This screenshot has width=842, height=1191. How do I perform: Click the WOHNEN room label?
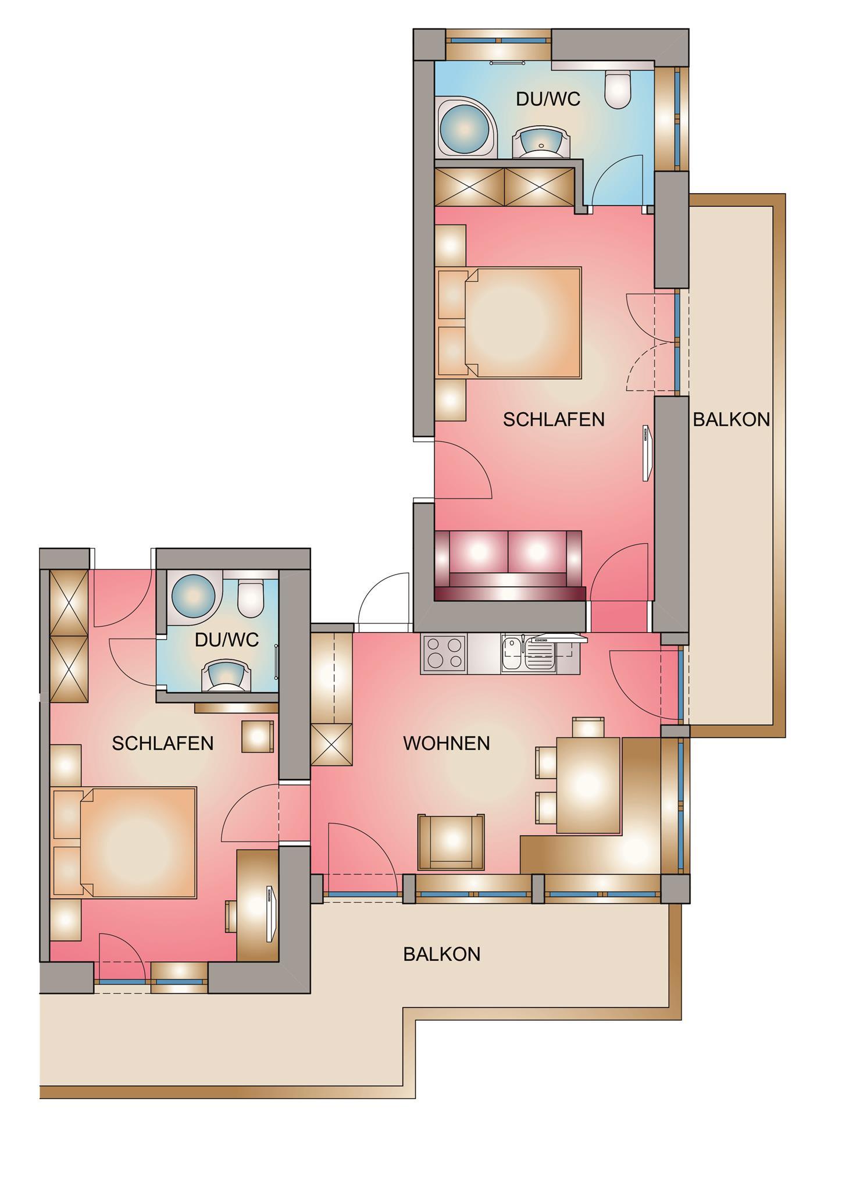point(447,743)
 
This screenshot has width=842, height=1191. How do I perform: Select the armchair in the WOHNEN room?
point(451,842)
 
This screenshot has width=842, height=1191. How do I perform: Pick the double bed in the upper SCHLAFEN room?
point(509,323)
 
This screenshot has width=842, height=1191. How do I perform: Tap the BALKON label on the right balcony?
point(732,419)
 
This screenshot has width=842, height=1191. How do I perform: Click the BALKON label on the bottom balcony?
point(442,954)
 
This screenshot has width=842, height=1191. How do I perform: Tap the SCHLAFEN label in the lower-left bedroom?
point(163,743)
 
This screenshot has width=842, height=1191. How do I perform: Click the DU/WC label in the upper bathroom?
point(548,99)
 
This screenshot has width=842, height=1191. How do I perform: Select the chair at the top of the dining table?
point(588,727)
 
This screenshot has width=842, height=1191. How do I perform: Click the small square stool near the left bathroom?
point(258,736)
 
